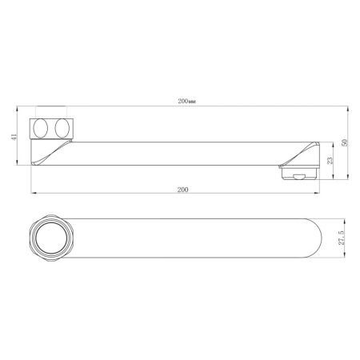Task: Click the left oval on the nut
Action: tap(40, 128)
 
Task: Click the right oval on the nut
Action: tap(62, 128)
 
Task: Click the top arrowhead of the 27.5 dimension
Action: tap(340, 217)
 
